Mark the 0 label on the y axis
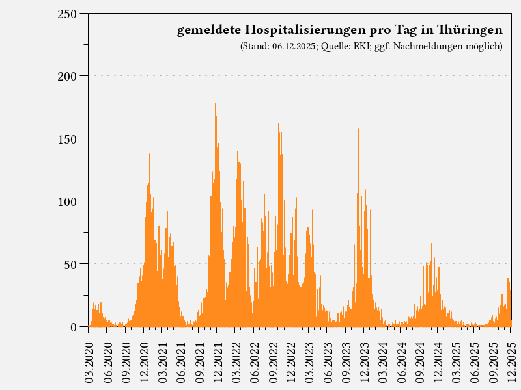pyautogui.click(x=74, y=327)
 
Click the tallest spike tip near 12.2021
pyautogui.click(x=215, y=104)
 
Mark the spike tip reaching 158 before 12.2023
pyautogui.click(x=358, y=129)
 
